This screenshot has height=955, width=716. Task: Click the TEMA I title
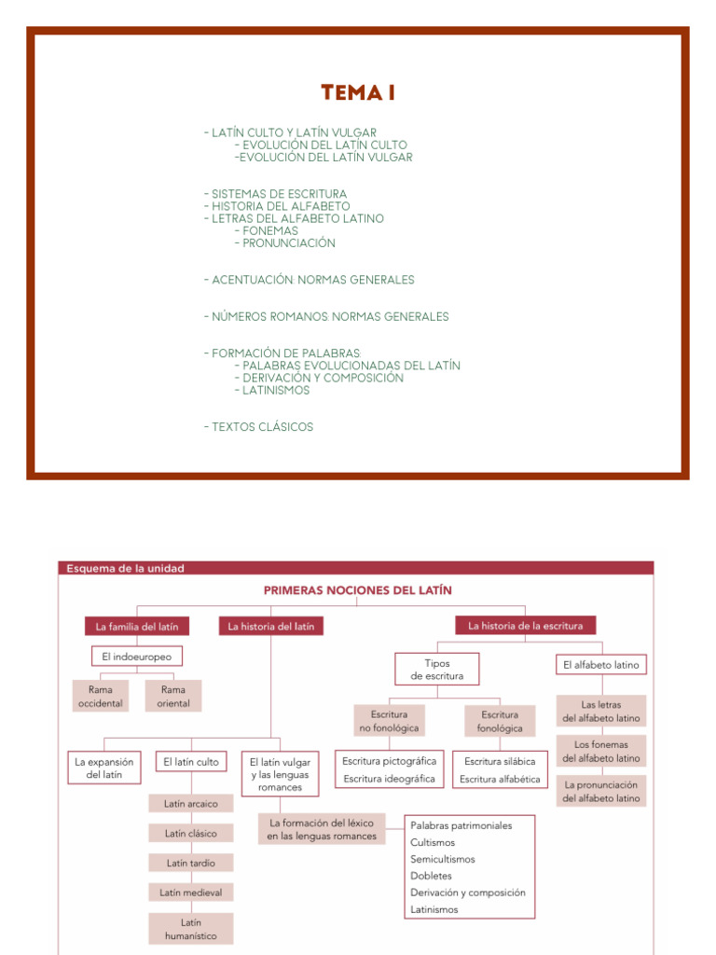tap(351, 93)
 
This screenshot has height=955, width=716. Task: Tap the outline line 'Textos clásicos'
tap(263, 427)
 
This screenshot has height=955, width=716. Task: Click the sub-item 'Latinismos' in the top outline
tap(276, 391)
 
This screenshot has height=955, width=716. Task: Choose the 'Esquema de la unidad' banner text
tap(124, 569)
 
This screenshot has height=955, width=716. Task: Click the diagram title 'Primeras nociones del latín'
tap(357, 590)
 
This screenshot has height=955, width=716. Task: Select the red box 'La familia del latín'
tap(137, 627)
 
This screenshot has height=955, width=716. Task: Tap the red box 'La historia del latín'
tap(271, 627)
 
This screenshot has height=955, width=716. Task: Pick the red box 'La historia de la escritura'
tap(526, 626)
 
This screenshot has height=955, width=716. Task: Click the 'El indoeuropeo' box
tap(137, 657)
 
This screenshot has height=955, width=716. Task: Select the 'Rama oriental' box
tap(173, 697)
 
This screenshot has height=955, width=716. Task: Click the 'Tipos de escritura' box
tap(437, 670)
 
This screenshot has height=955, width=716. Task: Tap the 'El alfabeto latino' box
tap(602, 665)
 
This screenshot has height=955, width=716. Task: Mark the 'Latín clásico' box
tap(191, 834)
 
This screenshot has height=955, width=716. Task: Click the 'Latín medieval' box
tap(191, 893)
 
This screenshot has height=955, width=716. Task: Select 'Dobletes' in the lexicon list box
tap(432, 876)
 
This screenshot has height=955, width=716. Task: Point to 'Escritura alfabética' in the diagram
tap(500, 780)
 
